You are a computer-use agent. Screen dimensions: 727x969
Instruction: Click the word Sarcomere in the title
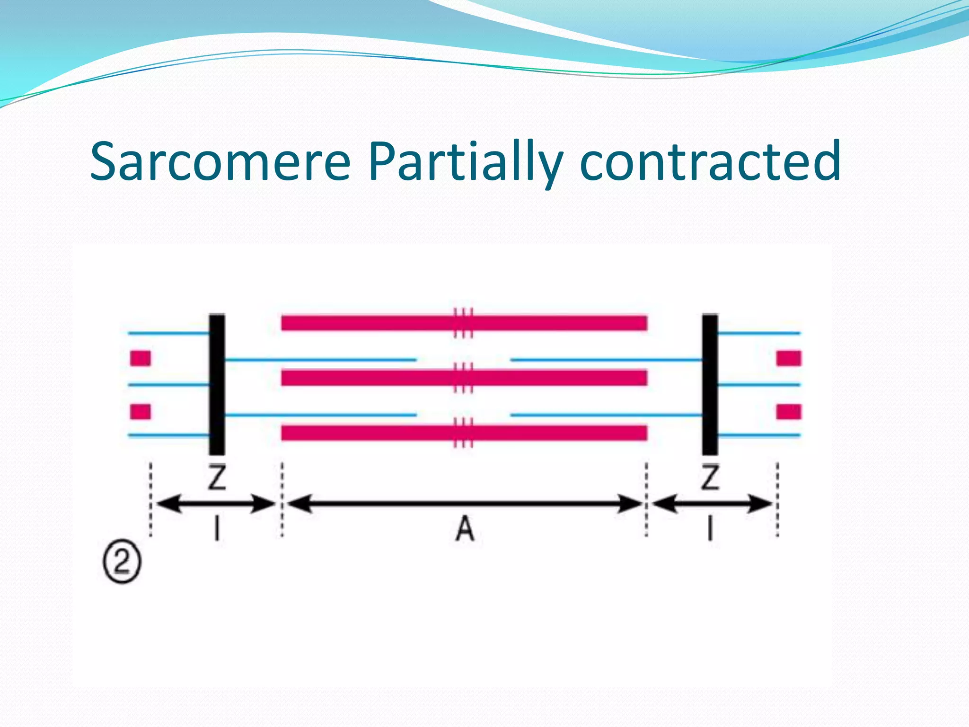click(220, 162)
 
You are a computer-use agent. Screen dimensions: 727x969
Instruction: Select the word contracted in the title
click(710, 162)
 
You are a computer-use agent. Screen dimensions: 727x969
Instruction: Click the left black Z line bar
click(217, 384)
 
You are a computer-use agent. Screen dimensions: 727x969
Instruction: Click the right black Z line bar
click(710, 384)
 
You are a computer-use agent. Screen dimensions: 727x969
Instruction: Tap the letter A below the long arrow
click(465, 529)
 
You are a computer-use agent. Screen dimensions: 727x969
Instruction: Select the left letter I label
click(217, 529)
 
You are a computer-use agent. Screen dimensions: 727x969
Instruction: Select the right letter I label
click(710, 529)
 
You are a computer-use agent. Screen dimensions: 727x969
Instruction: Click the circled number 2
click(122, 563)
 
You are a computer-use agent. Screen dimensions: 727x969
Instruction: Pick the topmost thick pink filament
click(369, 323)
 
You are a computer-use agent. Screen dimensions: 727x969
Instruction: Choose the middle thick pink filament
click(369, 378)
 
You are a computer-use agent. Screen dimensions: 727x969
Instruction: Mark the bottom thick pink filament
click(369, 433)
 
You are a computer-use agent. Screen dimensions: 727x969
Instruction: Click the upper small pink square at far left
click(141, 358)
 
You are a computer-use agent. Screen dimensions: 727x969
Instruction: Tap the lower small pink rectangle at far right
click(789, 412)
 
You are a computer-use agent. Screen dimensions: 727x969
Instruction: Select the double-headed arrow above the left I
click(216, 504)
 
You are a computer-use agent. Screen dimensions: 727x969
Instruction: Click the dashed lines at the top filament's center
click(463, 323)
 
